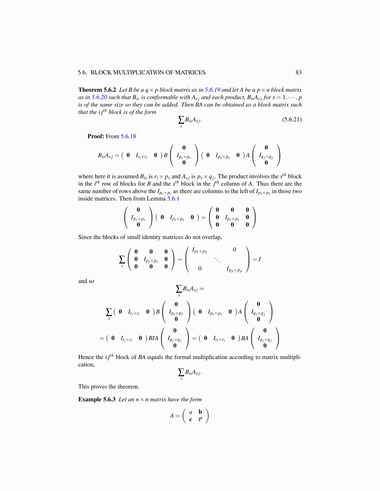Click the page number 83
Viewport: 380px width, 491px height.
298,73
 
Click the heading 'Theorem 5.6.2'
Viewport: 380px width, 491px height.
97,90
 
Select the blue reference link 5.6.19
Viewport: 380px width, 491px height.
212,90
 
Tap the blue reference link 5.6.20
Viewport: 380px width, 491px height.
99,97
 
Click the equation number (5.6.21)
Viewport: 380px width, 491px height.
292,119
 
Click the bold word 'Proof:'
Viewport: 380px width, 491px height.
96,136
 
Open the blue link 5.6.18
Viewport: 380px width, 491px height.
128,136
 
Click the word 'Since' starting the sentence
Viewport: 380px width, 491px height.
85,237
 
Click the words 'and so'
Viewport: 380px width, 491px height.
86,281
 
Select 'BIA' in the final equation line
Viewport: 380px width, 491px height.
153,338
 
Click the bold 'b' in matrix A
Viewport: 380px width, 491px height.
200,412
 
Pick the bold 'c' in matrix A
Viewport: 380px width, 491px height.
191,420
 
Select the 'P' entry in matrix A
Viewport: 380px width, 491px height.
200,420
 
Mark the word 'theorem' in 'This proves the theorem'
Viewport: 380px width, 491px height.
128,387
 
